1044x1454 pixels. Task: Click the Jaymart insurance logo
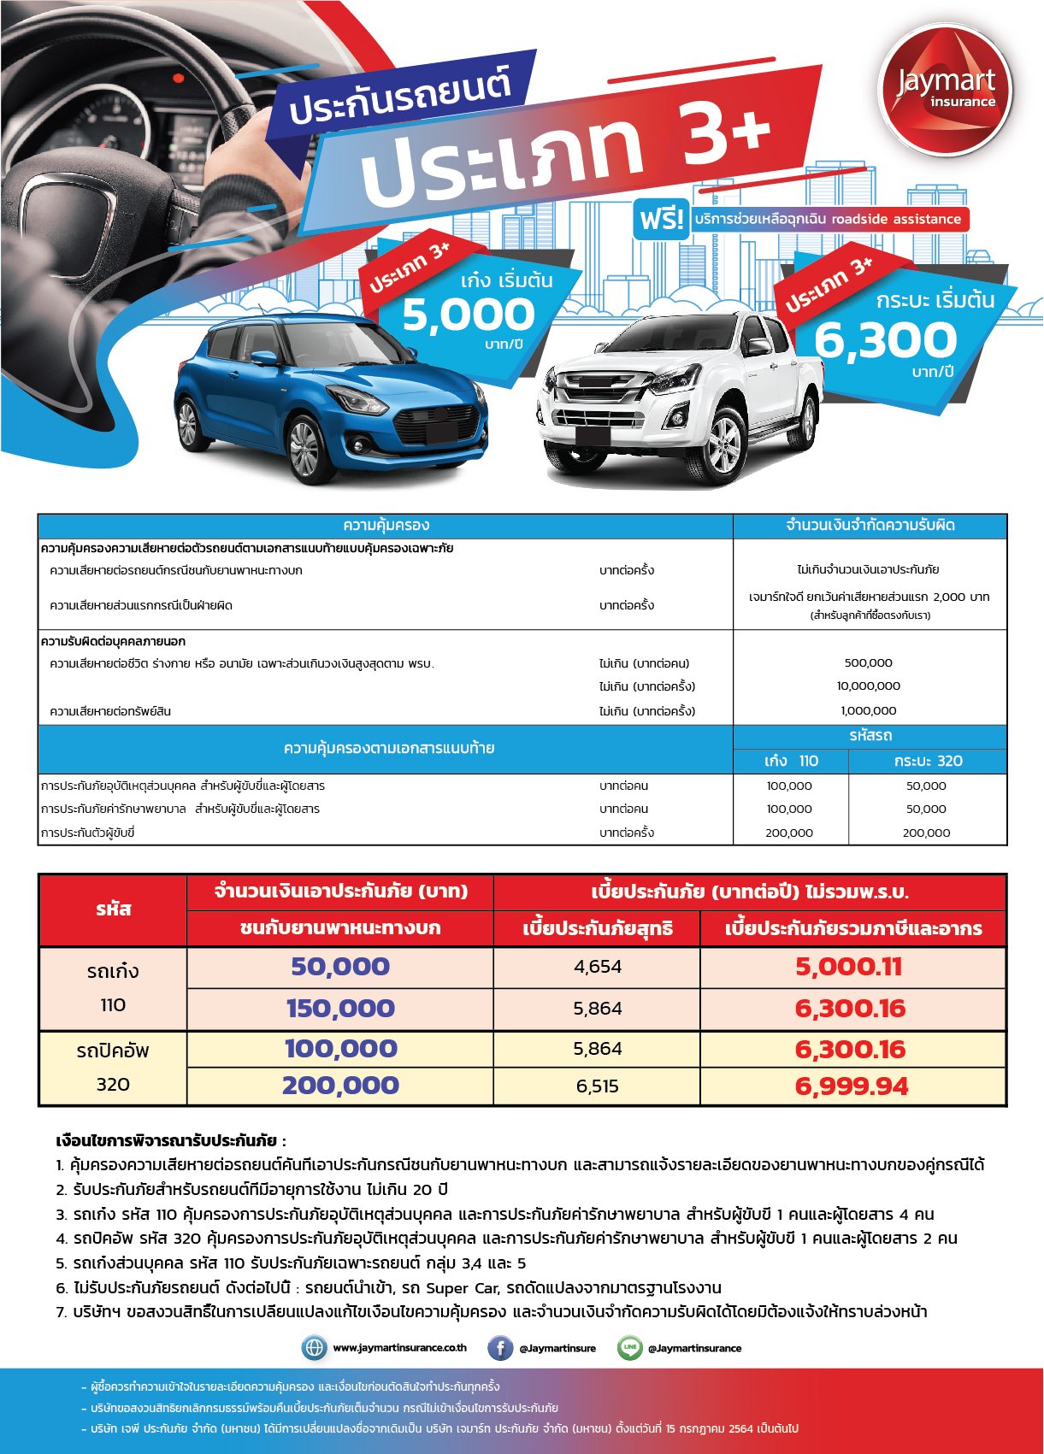coord(945,90)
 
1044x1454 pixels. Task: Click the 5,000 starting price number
coord(469,315)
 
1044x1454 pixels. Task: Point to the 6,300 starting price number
coord(885,340)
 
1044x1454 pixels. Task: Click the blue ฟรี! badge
coord(662,220)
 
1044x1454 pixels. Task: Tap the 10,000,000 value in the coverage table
coord(868,686)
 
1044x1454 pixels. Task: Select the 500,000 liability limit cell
coord(868,663)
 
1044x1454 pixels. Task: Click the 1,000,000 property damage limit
coord(868,711)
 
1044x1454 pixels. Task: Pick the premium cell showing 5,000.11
coord(848,967)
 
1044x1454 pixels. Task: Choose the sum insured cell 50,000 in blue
coord(340,967)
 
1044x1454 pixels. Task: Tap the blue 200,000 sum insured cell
coord(340,1086)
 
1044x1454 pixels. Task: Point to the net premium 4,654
coord(598,967)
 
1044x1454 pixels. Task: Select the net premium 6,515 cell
coord(598,1086)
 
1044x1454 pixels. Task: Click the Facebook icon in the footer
coord(500,1348)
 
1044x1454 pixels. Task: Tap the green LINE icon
coord(630,1348)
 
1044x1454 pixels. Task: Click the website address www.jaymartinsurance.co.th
coord(399,1348)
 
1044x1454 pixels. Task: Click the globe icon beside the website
coord(315,1348)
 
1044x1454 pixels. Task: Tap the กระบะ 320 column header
coord(928,761)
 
